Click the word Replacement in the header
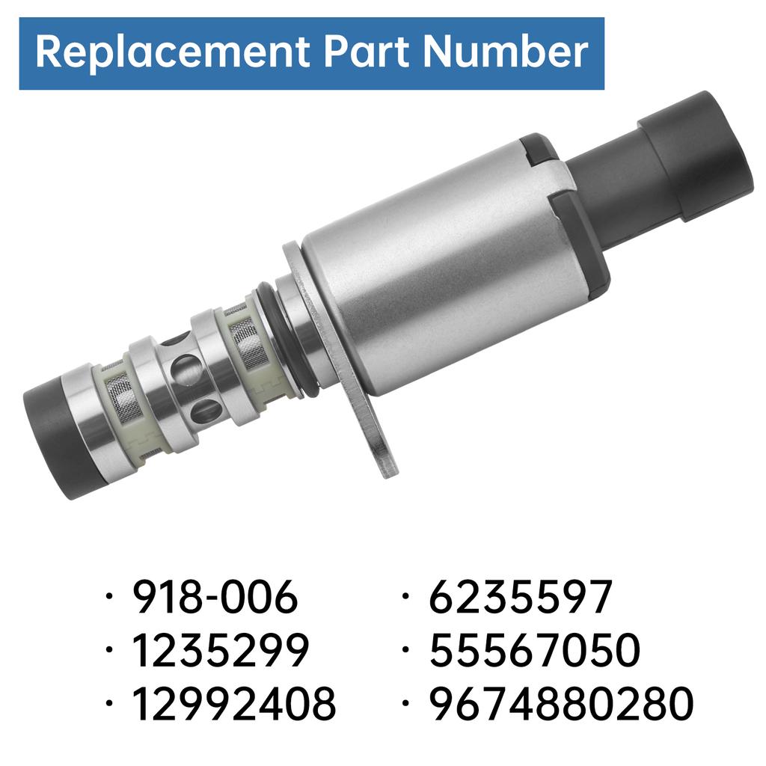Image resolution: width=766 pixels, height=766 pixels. click(x=171, y=52)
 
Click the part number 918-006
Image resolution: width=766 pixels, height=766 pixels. click(x=215, y=598)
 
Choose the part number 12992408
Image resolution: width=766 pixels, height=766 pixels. click(x=233, y=705)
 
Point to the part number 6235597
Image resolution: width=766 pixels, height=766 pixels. click(x=521, y=598)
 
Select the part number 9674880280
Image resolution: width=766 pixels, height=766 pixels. click(x=561, y=705)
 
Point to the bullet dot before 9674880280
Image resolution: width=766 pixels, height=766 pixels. click(x=405, y=705)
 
